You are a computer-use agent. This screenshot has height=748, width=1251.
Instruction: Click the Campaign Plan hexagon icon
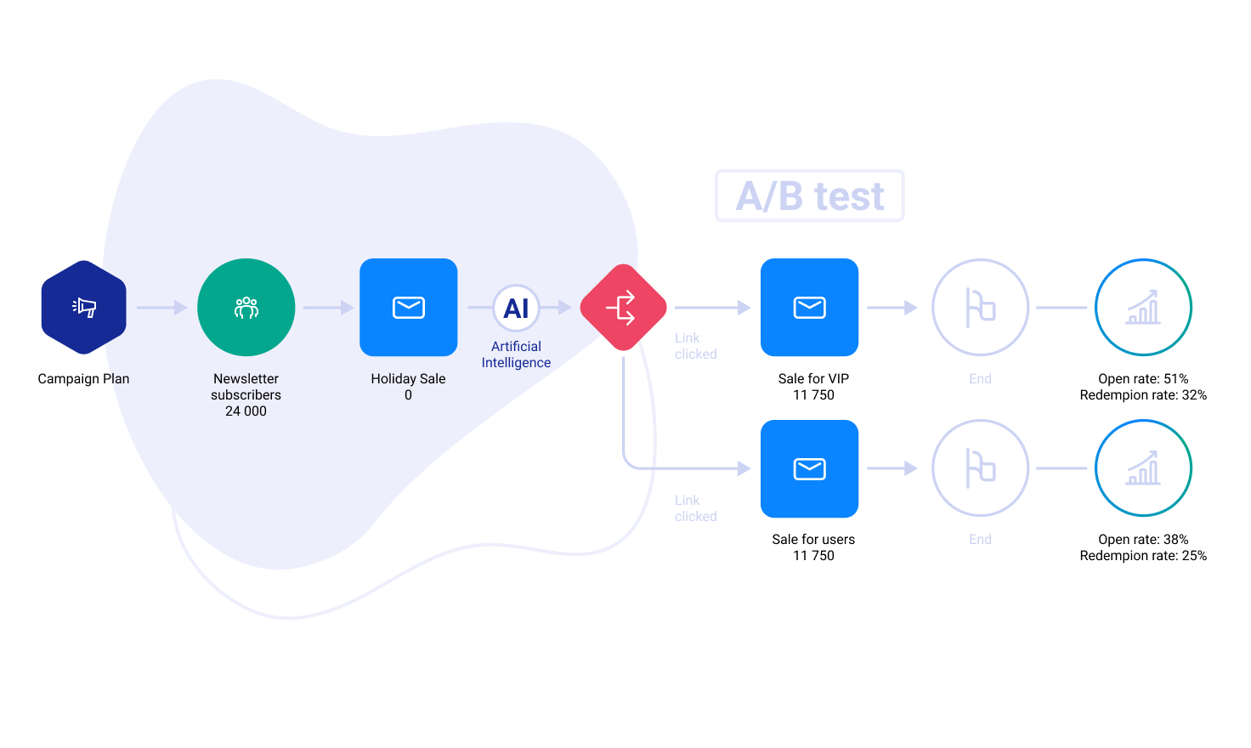[x=83, y=307]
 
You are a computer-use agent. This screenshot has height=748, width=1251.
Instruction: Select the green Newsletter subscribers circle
[x=246, y=307]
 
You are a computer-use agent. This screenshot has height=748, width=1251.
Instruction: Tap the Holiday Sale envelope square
[x=409, y=307]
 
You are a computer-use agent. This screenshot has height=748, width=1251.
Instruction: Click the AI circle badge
[x=516, y=308]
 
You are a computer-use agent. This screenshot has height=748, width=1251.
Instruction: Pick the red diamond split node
[x=623, y=307]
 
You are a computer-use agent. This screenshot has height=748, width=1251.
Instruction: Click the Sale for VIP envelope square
[x=809, y=307]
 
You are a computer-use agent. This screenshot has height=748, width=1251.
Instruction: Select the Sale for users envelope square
[x=809, y=468]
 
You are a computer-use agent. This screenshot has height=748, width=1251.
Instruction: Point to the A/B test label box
[x=809, y=195]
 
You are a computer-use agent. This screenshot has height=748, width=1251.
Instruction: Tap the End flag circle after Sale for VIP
[x=980, y=307]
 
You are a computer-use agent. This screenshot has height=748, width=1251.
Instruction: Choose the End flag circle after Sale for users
[x=980, y=468]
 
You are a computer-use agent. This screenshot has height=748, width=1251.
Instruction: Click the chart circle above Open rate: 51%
[x=1143, y=307]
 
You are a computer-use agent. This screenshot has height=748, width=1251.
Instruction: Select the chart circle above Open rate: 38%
[x=1143, y=468]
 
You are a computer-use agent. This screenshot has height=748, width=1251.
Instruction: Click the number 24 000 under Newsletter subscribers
[x=246, y=411]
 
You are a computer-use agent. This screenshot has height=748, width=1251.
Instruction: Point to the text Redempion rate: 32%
[x=1143, y=395]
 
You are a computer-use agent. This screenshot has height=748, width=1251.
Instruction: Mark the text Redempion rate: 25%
[x=1143, y=556]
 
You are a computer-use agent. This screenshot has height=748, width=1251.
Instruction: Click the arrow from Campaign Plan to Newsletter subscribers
[x=161, y=308]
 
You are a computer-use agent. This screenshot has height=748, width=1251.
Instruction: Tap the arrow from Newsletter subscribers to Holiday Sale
[x=328, y=308]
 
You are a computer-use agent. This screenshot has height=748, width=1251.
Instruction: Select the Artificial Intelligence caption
[x=516, y=354]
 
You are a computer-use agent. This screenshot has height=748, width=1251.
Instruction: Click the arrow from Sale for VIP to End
[x=892, y=308]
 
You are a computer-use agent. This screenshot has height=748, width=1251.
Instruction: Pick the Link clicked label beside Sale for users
[x=695, y=508]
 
